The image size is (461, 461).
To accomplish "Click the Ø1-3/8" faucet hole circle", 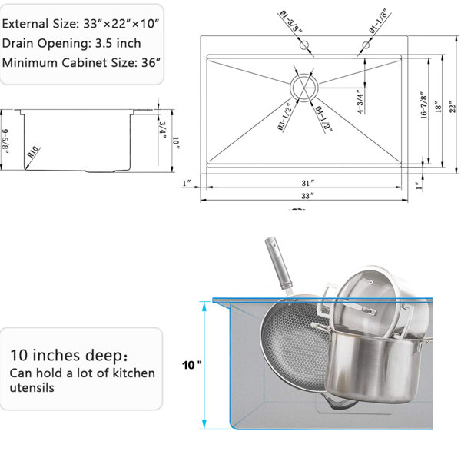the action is click(x=303, y=45).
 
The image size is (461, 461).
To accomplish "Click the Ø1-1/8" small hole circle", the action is click(x=366, y=45).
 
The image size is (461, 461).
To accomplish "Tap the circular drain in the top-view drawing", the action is click(x=304, y=88).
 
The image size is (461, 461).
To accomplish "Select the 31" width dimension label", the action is click(x=307, y=183).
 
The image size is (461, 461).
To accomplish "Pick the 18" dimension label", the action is click(x=439, y=107).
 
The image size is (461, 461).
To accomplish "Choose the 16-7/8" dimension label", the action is click(x=423, y=105).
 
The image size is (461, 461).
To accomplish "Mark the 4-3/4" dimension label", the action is click(x=360, y=101).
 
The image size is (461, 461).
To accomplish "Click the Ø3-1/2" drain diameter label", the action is click(x=284, y=117).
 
